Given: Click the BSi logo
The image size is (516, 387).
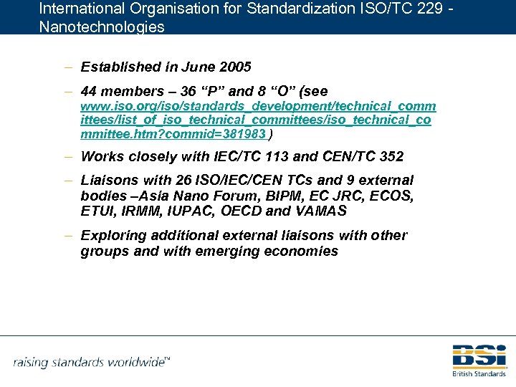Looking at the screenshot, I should (479, 356).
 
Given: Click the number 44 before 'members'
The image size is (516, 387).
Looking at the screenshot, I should (90, 92).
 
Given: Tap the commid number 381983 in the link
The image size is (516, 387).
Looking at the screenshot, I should (245, 134).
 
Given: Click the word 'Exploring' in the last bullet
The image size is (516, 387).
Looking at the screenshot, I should (112, 236).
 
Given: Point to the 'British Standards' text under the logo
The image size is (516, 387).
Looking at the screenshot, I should (479, 373).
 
